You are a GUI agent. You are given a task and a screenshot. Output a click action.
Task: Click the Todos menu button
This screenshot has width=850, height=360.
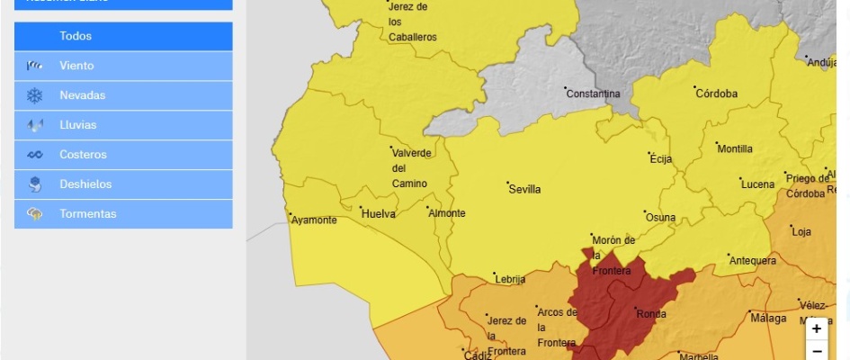tap(123, 36)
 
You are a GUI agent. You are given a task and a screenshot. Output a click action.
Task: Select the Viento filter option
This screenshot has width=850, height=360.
tap(123, 66)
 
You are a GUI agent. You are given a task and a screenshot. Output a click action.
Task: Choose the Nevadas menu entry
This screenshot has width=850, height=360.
tap(123, 95)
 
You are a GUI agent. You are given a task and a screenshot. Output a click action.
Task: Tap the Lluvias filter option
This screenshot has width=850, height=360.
tap(123, 125)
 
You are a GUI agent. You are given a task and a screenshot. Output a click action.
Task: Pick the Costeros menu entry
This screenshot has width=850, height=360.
tap(123, 155)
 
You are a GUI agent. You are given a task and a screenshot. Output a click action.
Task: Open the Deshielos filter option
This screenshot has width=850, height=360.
tap(123, 184)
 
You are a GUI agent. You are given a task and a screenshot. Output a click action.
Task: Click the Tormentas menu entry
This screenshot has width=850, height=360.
tap(123, 214)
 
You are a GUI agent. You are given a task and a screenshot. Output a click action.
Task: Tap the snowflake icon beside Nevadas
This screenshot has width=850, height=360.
tap(34, 95)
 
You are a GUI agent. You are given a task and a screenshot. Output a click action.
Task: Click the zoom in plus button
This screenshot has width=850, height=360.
tap(816, 328)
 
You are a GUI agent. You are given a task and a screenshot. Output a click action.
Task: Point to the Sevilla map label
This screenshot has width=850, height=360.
tap(524, 190)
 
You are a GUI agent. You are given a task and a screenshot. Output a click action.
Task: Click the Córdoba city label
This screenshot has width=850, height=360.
tap(716, 94)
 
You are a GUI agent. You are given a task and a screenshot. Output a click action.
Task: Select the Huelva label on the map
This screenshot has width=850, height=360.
tap(378, 214)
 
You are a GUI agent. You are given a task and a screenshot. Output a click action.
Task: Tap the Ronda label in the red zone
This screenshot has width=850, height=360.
tap(650, 314)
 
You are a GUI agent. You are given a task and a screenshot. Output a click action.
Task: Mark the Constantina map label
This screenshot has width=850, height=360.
tap(595, 94)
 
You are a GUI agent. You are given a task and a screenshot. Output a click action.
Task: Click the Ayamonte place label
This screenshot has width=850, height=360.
tap(314, 220)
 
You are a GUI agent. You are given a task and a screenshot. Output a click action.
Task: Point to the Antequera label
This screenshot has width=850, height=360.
tap(754, 261)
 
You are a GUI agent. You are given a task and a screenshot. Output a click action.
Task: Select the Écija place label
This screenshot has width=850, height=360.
tap(661, 159)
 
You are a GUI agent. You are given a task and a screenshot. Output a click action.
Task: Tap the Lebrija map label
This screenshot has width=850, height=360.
tap(510, 280)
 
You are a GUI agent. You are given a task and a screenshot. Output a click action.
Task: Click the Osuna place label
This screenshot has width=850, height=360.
tap(660, 218)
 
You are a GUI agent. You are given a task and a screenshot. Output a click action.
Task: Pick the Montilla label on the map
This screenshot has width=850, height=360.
tap(735, 148)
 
